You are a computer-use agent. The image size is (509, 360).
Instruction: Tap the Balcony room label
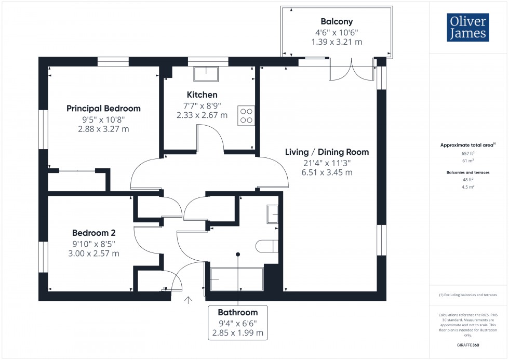click(x=336, y=22)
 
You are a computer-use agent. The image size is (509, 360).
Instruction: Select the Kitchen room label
click(x=202, y=95)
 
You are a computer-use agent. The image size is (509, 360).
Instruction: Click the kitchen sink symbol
click(x=207, y=74)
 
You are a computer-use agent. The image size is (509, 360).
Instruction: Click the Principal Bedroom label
click(x=103, y=109)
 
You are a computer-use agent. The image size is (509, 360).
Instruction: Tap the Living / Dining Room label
click(x=327, y=152)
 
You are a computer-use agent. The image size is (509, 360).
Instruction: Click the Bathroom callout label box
click(x=238, y=323)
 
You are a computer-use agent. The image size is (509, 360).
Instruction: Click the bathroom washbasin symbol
click(x=272, y=214)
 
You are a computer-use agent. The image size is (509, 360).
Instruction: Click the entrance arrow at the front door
click(x=187, y=300)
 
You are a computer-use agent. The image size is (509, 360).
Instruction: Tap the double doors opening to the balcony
click(x=352, y=70)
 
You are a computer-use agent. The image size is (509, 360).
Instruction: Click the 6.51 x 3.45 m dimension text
click(x=327, y=172)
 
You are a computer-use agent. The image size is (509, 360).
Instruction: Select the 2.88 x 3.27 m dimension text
click(x=103, y=129)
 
